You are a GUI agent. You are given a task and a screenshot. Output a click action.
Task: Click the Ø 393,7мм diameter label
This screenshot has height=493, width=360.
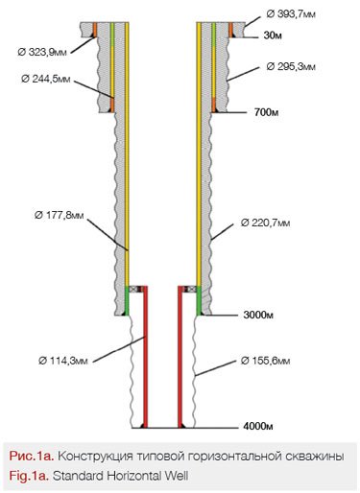click(x=291, y=14)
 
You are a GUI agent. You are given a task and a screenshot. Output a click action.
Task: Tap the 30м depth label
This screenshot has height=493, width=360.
click(x=273, y=35)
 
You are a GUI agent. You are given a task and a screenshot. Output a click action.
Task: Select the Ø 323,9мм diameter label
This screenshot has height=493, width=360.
click(x=42, y=52)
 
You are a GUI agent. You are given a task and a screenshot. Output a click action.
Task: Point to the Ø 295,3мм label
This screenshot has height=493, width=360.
click(x=291, y=66)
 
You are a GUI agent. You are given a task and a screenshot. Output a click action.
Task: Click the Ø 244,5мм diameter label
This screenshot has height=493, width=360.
click(x=46, y=79)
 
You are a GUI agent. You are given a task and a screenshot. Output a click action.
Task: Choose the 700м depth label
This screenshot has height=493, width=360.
click(x=266, y=112)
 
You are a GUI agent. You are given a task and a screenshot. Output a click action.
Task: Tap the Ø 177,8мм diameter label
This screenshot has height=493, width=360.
click(x=60, y=215)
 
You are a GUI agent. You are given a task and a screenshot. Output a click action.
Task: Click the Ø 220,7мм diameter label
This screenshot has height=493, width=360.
click(x=265, y=223)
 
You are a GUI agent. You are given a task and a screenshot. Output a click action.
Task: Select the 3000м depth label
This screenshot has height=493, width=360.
click(x=258, y=315)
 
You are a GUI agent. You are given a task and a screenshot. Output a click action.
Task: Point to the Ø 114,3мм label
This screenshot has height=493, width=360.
click(x=63, y=361)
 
